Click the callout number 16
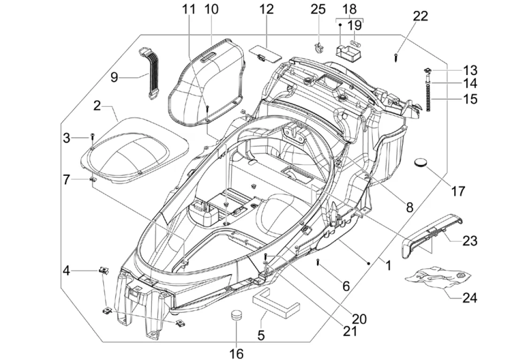(236, 353)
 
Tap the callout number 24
(469, 298)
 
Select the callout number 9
(114, 77)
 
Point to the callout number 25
(318, 9)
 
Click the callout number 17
(458, 191)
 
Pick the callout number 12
(266, 9)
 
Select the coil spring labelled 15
(429, 98)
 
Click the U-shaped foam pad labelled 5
(276, 303)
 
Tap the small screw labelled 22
(397, 58)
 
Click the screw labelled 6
(318, 262)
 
